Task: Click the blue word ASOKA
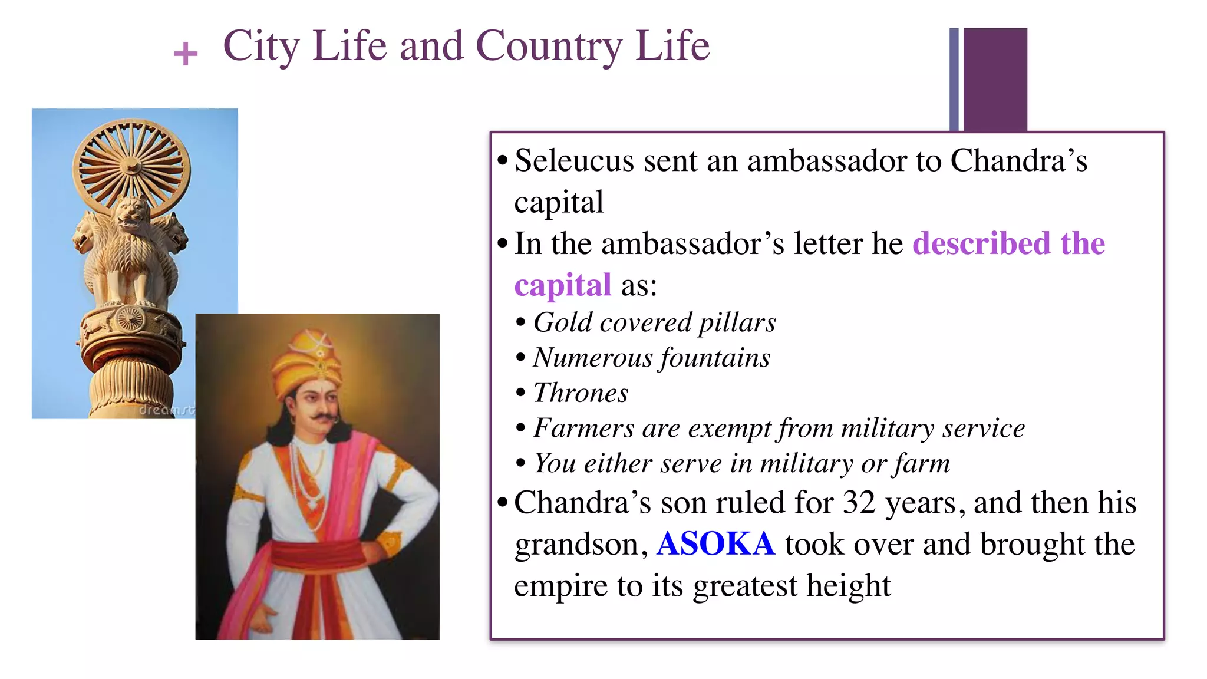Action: pos(715,543)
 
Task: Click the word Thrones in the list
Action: pos(581,393)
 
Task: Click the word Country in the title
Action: pos(549,47)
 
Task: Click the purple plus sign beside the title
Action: pos(186,54)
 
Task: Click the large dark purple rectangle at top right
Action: pos(995,79)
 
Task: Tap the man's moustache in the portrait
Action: pos(324,418)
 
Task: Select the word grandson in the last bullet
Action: pos(576,545)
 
